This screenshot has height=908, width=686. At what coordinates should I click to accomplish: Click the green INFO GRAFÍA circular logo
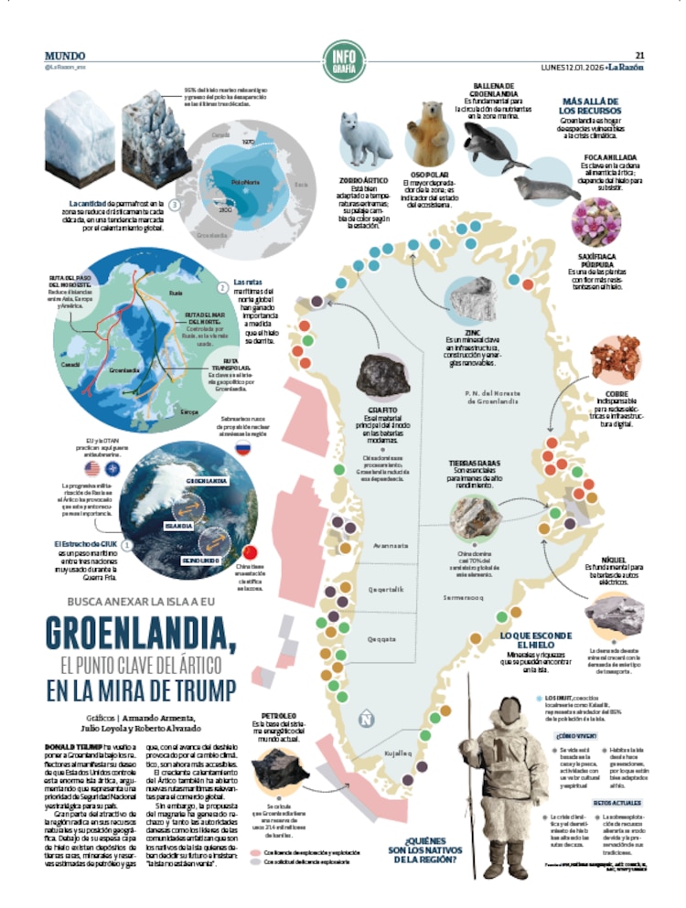point(343,58)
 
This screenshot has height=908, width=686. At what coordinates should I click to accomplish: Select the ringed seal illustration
point(546,187)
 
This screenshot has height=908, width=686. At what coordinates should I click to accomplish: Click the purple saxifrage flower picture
point(591,221)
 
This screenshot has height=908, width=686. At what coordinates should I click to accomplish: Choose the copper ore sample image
point(614,358)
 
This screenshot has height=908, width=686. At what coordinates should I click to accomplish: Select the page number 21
point(640,53)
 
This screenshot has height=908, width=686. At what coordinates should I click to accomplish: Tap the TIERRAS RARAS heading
point(474,464)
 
